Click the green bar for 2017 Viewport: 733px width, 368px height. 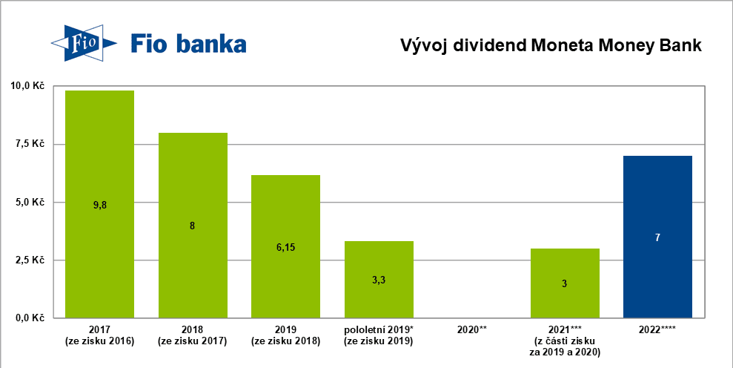click(x=99, y=148)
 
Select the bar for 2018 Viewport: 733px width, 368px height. click(x=193, y=178)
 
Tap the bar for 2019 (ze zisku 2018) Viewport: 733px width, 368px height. click(x=285, y=208)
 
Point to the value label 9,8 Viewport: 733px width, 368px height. click(x=100, y=204)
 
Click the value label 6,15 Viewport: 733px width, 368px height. click(x=285, y=246)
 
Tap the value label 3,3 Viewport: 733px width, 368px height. click(x=379, y=280)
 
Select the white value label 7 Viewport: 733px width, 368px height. click(x=657, y=237)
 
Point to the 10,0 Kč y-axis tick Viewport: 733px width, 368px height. click(x=27, y=86)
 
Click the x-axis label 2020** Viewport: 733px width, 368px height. click(x=472, y=329)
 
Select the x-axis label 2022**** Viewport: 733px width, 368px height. click(x=657, y=329)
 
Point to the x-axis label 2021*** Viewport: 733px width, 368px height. click(x=565, y=329)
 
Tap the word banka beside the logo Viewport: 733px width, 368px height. click(x=209, y=45)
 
